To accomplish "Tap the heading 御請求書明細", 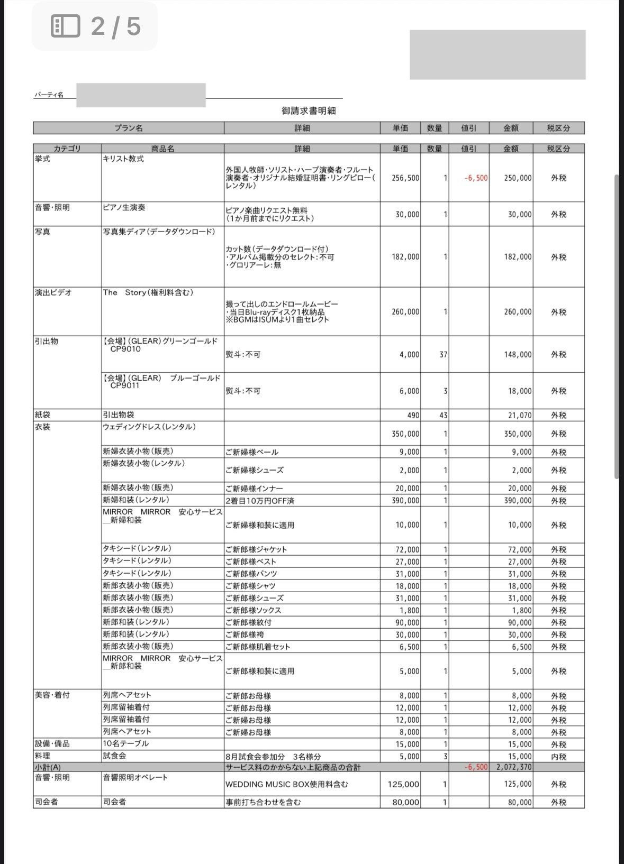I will pos(309,111).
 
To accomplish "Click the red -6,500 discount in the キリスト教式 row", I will pos(476,178).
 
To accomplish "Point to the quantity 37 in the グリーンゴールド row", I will pos(443,355).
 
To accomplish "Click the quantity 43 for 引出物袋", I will pos(443,416).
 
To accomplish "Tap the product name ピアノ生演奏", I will pos(124,208).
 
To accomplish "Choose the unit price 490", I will pos(413,416).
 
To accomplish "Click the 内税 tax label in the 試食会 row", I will pos(558,757).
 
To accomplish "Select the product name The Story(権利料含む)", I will pos(148,293).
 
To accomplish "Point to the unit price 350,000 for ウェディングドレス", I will pos(405,434).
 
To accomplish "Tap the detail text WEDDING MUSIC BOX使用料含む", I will pos(287,785).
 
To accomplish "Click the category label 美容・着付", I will pos(52,695).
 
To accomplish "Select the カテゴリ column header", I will pos(67,149).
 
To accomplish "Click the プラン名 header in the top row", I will pos(129,128).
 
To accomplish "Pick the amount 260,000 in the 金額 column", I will pos(518,312).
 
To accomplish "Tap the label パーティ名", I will pos(49,95).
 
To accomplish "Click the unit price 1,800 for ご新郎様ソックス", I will pos(410,610).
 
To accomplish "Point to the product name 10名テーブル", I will pos(125,744).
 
